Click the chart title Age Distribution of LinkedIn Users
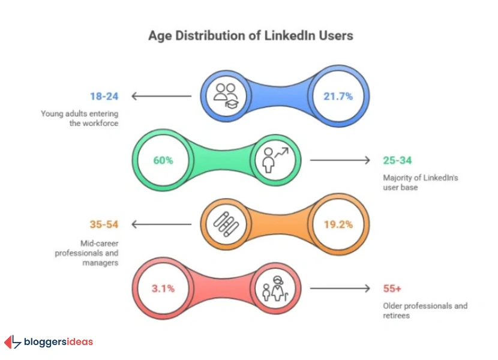(251, 36)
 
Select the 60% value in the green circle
(163, 160)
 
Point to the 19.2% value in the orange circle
(338, 224)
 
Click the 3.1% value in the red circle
(163, 289)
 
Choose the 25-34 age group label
(399, 160)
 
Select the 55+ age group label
(393, 289)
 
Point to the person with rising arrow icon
(274, 160)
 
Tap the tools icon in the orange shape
(227, 224)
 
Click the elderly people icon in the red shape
(274, 289)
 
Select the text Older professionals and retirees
(425, 310)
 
